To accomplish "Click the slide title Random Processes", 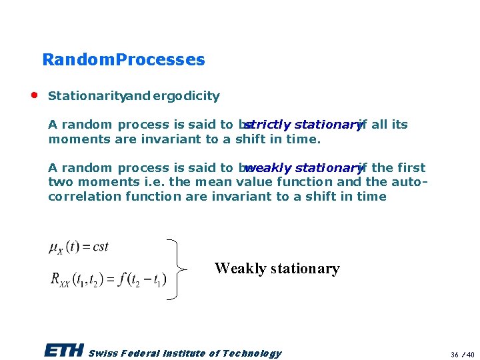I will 123,60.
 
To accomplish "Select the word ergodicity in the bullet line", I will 186,96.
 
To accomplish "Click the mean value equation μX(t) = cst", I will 79,247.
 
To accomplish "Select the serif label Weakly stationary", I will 277,269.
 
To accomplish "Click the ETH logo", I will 63,351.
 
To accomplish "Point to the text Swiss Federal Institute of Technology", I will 185,353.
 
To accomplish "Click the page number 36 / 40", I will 461,354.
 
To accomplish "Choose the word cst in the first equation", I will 101,247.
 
